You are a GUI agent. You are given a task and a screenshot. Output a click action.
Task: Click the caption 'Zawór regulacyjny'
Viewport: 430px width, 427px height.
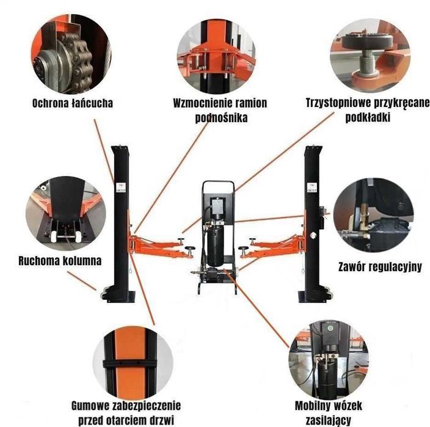(379, 267)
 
